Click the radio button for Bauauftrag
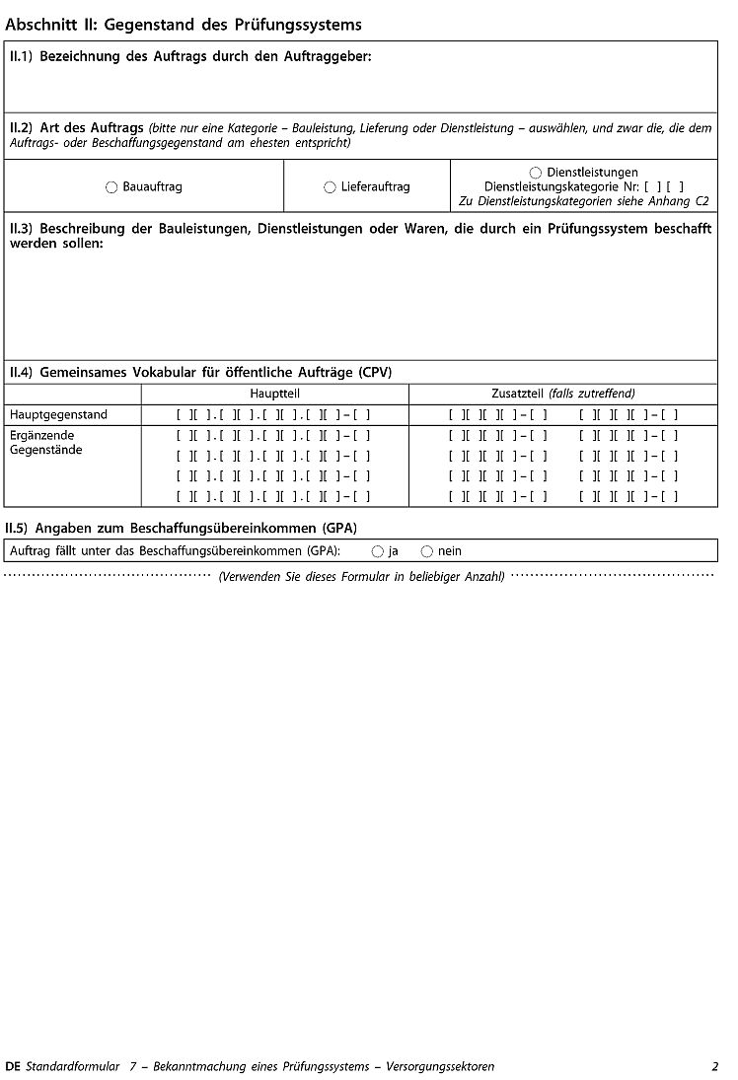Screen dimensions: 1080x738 point(111,187)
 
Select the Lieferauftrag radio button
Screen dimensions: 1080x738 point(330,187)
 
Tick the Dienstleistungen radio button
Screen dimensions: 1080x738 point(536,173)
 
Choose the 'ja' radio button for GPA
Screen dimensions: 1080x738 point(378,551)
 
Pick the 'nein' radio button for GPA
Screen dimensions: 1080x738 point(427,551)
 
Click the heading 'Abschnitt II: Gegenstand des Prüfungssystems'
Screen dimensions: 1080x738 point(184,25)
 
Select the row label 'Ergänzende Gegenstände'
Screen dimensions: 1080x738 point(47,442)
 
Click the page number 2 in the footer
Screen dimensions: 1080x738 point(714,1066)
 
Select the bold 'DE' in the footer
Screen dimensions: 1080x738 point(13,1066)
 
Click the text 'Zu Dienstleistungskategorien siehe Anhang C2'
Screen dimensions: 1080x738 point(584,201)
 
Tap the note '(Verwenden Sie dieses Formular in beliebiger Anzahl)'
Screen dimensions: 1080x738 point(361,576)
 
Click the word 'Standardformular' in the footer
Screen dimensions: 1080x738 point(72,1066)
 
